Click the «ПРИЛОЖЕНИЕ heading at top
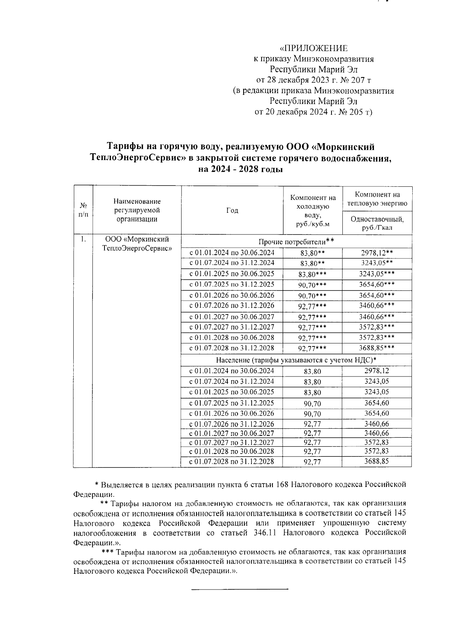tap(314, 48)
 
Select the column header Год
tap(232, 211)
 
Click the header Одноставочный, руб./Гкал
tap(377, 224)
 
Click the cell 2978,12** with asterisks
tap(377, 252)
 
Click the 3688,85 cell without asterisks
tap(377, 461)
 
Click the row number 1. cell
tap(83, 239)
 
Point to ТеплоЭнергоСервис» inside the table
tap(137, 248)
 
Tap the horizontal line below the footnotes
tap(239, 589)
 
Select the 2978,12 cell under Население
tap(377, 371)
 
